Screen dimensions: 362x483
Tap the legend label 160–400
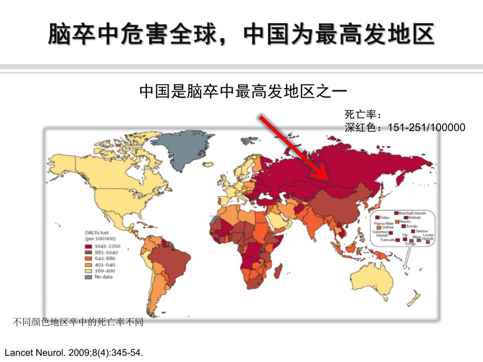tap(104, 271)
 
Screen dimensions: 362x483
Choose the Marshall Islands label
tap(412, 213)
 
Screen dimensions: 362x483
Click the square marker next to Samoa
tap(413, 231)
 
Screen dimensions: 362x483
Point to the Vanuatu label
tap(387, 240)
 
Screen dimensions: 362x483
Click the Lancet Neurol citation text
tap(73, 353)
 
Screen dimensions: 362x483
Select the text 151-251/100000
tap(426, 127)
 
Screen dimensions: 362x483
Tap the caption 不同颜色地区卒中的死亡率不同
tap(77, 322)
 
